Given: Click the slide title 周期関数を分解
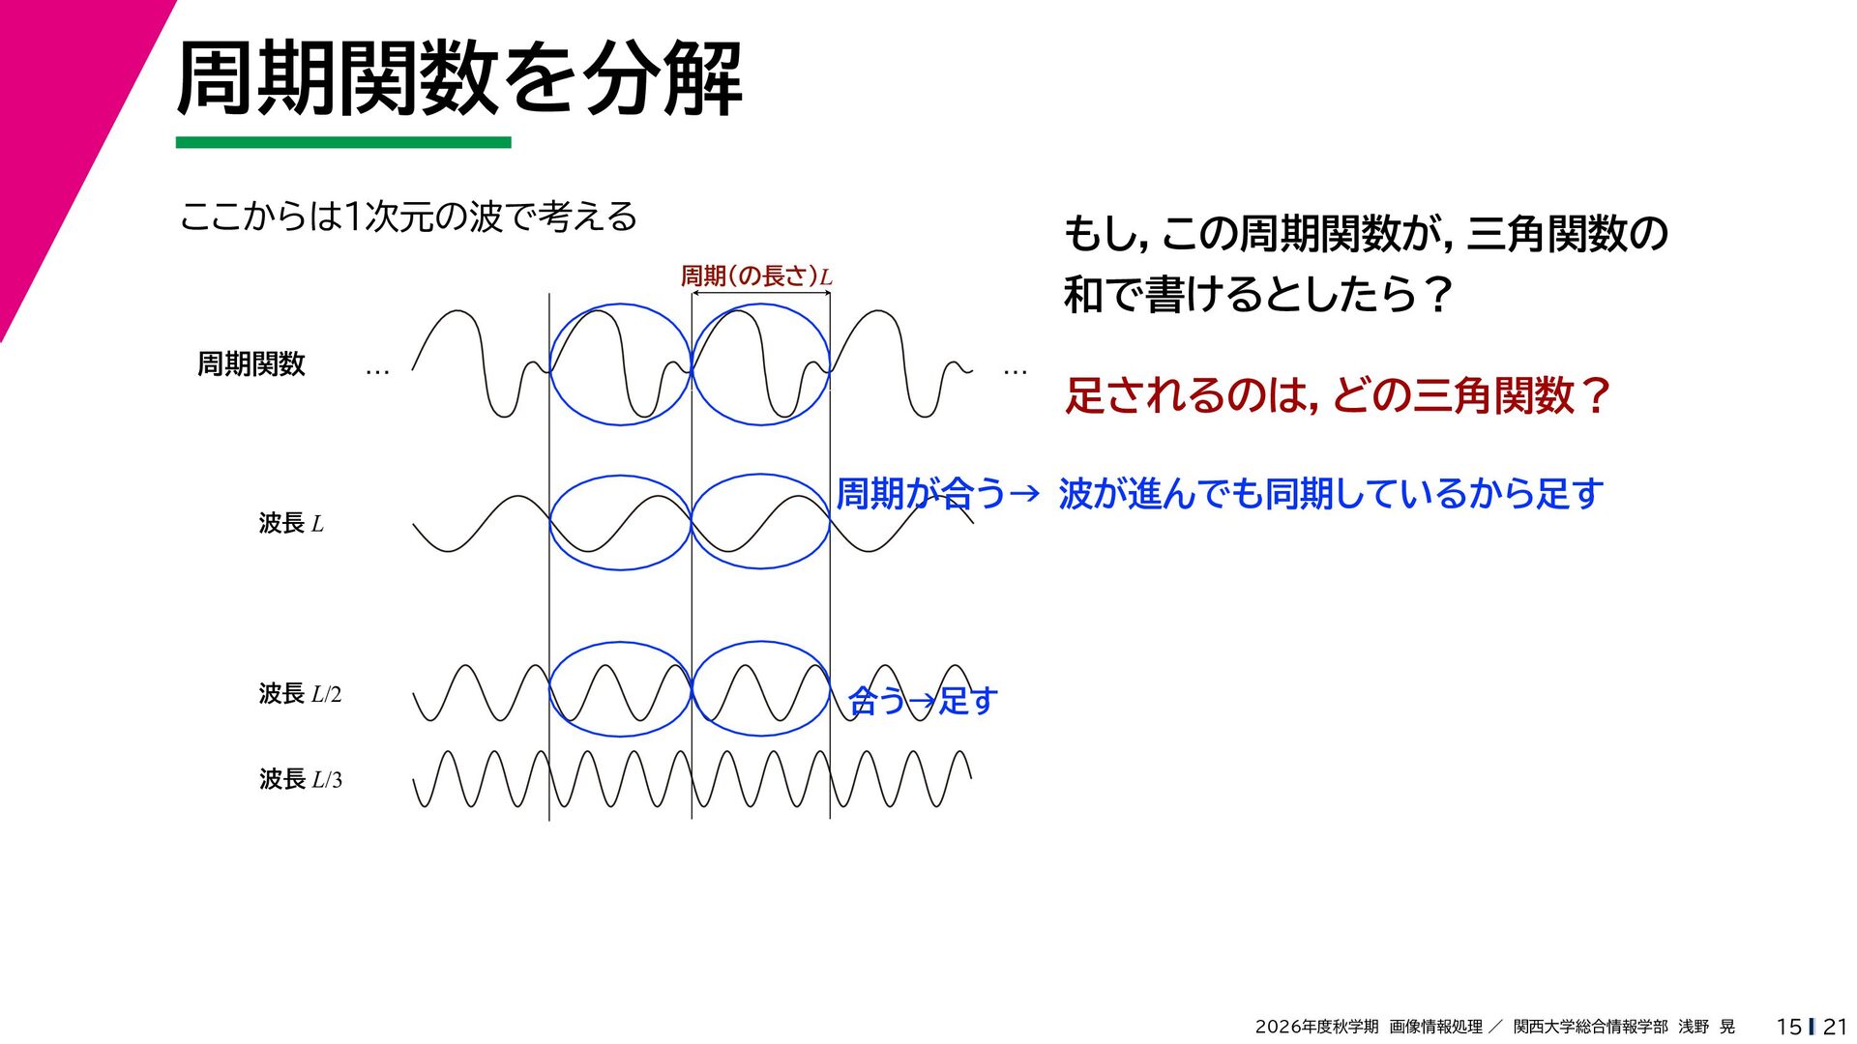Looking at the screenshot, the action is coord(459,79).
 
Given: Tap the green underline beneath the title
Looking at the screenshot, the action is coord(343,142).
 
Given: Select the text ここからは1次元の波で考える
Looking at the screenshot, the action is coord(408,217).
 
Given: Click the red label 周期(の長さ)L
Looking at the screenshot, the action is coord(756,276).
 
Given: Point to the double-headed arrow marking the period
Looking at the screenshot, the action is coord(761,292).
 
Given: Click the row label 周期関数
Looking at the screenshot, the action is coord(251,364).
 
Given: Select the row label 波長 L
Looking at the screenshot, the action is coord(291,523).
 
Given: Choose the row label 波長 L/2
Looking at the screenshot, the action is coord(300,694).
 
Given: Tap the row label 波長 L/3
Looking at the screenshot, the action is coord(300,779).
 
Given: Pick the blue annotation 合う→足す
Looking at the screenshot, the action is coord(923,700).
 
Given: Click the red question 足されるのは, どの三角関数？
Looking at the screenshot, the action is coord(1338,395).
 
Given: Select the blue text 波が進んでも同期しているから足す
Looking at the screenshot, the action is coord(1331,494).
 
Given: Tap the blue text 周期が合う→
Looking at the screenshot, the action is coord(938,494).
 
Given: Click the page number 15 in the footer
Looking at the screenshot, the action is coord(1789,1027).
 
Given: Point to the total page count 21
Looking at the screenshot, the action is coord(1835,1027).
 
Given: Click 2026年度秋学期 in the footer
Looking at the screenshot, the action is coord(1316,1027).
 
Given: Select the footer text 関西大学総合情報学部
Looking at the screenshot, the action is coord(1591,1027).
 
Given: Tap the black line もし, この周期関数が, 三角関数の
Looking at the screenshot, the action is coord(1366,234).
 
